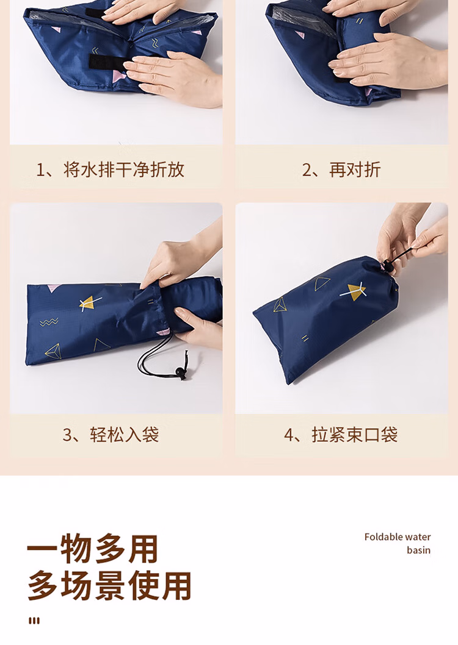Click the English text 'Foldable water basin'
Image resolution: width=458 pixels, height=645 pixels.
398,543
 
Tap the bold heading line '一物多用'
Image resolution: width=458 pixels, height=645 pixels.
93,549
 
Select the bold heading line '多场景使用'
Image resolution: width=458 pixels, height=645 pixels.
109,586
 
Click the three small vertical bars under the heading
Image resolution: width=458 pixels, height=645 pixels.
34,621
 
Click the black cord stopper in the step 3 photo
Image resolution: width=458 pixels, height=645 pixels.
180,372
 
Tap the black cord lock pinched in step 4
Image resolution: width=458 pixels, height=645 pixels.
387,263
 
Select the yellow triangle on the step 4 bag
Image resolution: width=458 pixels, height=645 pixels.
357,291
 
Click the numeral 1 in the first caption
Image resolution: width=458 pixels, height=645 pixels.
41,169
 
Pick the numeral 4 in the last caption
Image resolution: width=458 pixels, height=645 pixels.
289,435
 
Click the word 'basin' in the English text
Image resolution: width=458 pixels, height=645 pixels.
418,550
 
